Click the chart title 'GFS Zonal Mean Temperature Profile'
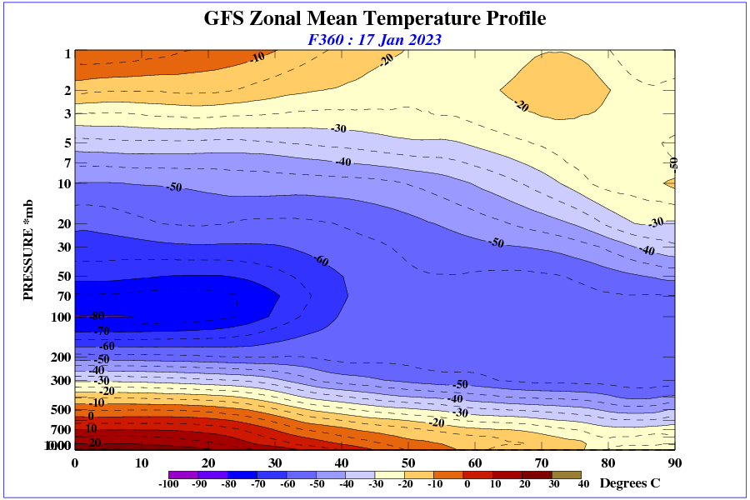(375, 18)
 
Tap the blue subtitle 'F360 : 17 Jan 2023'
(375, 39)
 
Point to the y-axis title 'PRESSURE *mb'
(28, 250)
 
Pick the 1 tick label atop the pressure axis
(67, 54)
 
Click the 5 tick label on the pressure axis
(67, 143)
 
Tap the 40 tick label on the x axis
(342, 463)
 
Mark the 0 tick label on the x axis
(75, 463)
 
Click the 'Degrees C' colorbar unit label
(630, 483)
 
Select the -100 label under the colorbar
(169, 484)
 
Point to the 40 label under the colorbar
(583, 484)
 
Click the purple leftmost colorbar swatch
(183, 474)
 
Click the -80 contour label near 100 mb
(97, 317)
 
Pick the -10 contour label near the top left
(257, 57)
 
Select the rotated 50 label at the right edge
(674, 162)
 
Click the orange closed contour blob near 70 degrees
(554, 83)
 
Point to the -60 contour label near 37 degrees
(321, 261)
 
